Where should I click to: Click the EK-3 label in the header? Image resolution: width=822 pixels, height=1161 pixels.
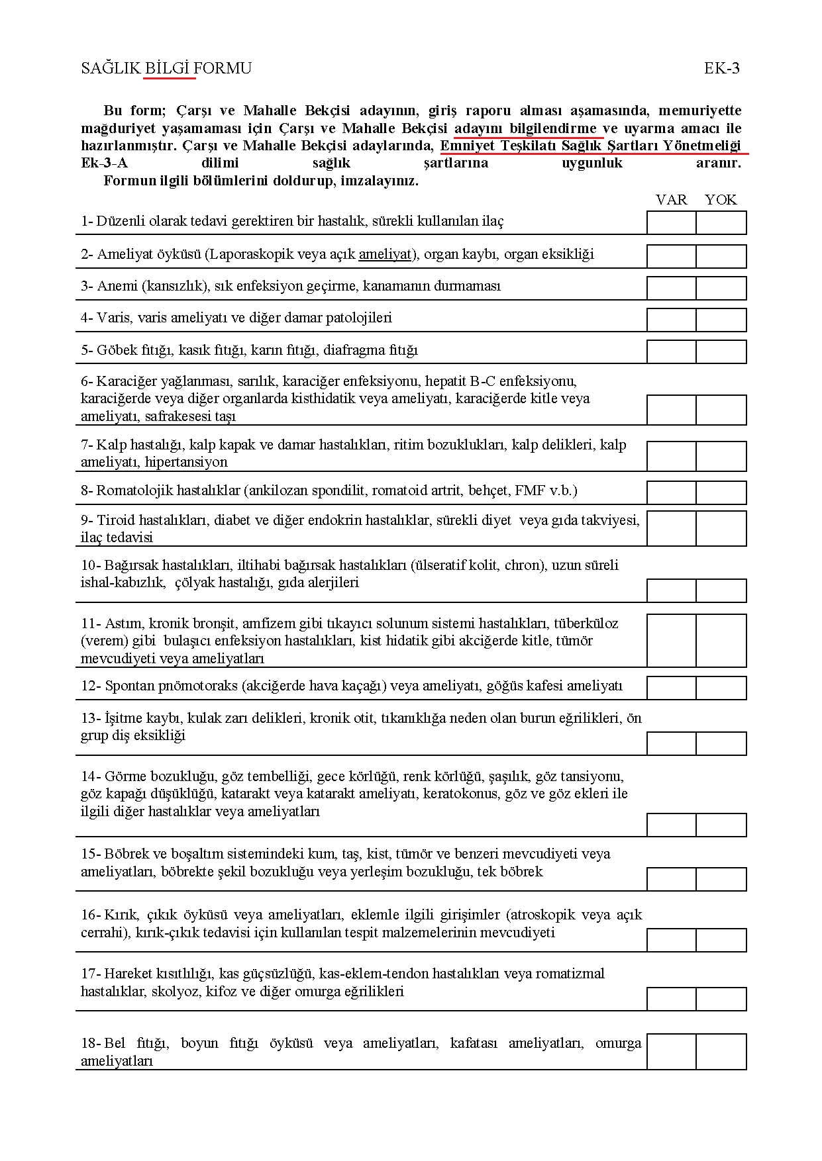tap(721, 68)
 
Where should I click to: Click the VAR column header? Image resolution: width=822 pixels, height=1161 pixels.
tap(671, 200)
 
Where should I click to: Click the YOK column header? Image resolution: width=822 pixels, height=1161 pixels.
tap(721, 200)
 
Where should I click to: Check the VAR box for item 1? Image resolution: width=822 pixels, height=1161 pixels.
tap(671, 223)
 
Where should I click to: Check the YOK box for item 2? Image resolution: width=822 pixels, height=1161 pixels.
tap(721, 256)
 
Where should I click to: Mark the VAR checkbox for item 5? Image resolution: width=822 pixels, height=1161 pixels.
tap(671, 351)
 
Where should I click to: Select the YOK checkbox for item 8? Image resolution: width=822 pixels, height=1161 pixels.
tap(721, 492)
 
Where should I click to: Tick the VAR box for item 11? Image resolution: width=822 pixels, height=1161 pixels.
tap(671, 640)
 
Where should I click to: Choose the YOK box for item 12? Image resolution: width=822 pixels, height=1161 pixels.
tap(721, 688)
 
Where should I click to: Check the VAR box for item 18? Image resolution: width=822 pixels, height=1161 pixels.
tap(671, 1051)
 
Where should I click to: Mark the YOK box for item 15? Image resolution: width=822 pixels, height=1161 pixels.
tap(721, 879)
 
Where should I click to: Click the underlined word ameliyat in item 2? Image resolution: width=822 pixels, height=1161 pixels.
tap(385, 254)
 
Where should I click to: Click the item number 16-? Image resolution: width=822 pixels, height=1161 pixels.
tap(91, 915)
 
